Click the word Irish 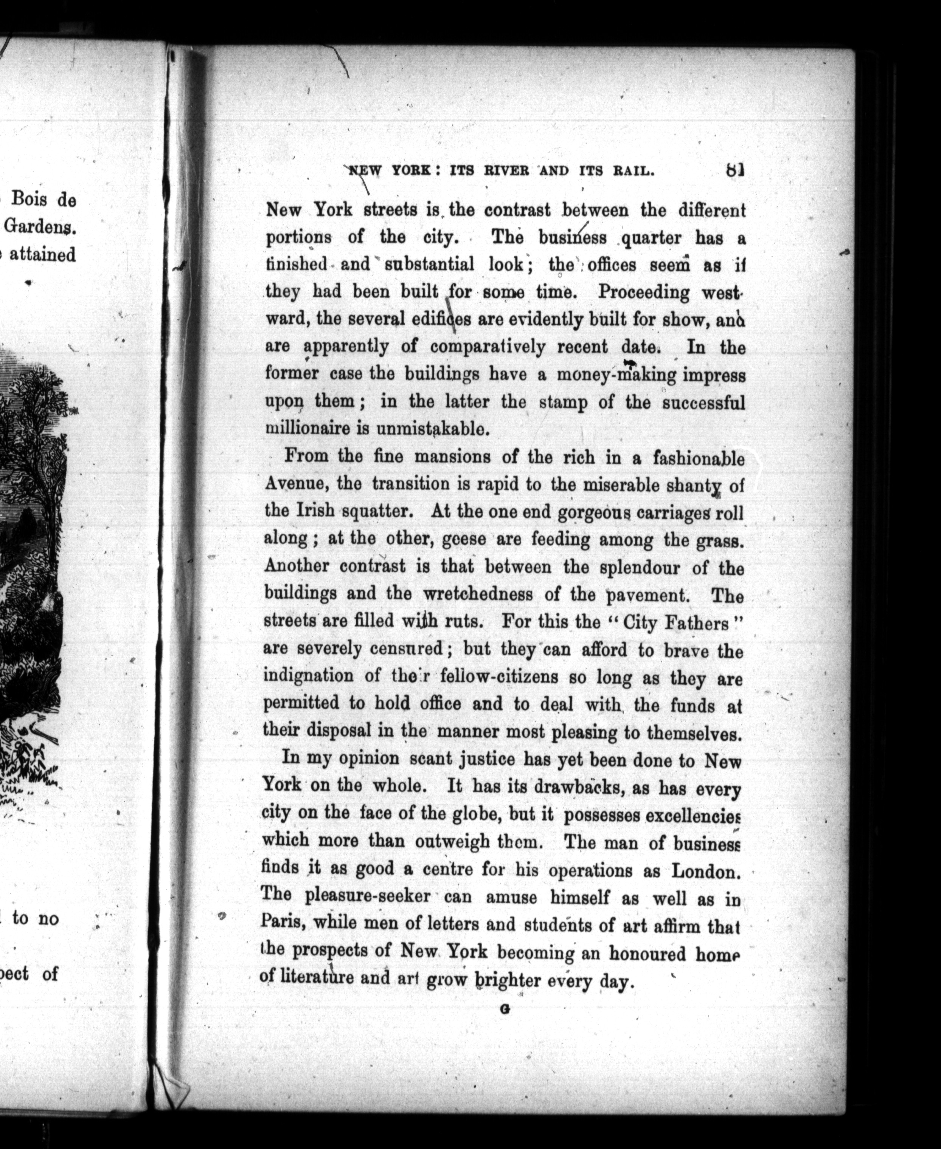click(x=315, y=511)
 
